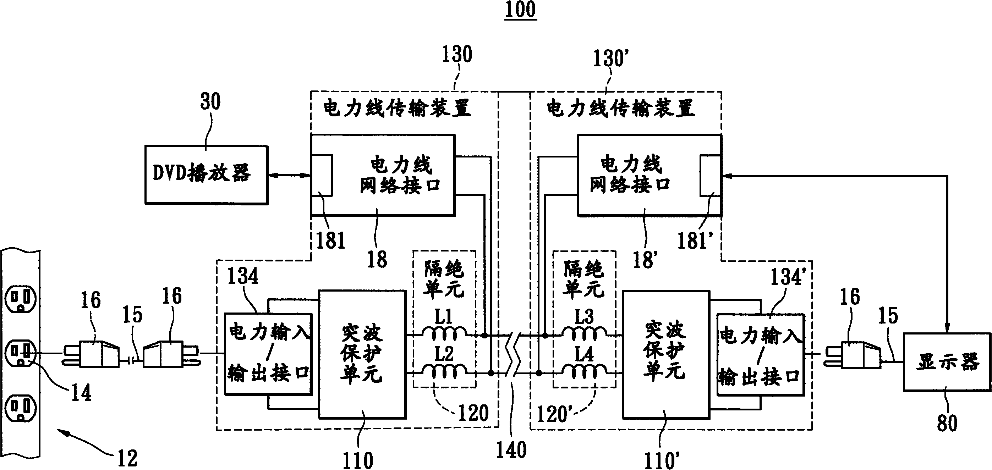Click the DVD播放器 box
pos(206,175)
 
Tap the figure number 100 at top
pos(520,10)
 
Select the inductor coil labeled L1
pos(444,333)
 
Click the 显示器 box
pos(947,362)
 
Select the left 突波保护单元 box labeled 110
pos(362,354)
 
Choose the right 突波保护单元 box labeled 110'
pos(666,354)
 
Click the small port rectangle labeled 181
pos(322,175)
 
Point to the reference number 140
pos(511,449)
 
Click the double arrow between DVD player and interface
pos(289,176)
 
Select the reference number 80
pos(947,423)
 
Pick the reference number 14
pos(81,393)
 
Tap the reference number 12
pos(127,458)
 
